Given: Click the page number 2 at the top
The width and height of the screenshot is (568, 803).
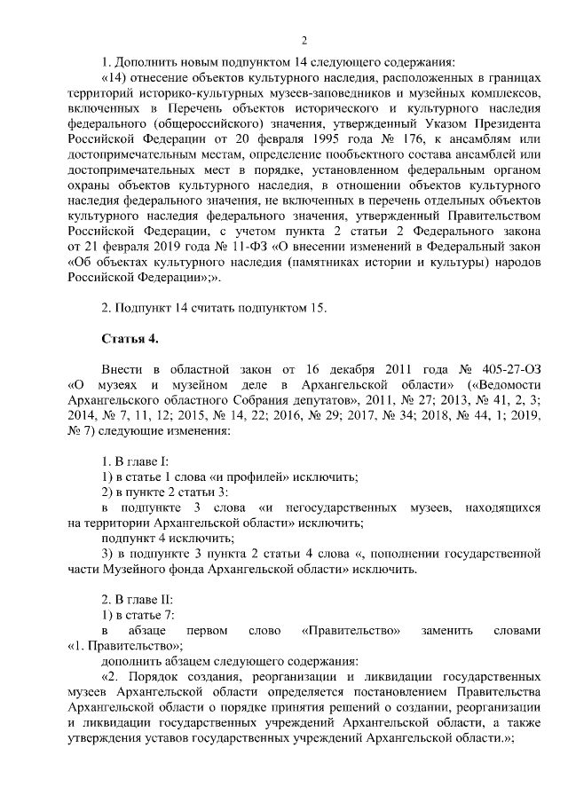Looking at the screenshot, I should pos(304,39).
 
